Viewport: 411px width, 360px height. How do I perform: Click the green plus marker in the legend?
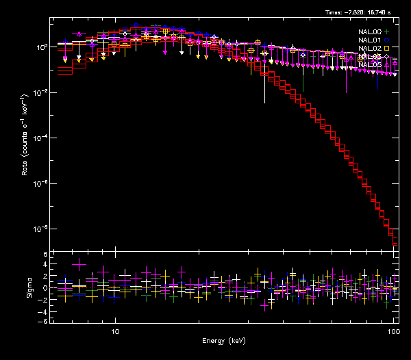click(x=387, y=31)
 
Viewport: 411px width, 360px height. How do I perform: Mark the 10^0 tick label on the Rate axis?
click(x=40, y=47)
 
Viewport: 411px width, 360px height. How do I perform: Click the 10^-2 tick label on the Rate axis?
click(x=40, y=92)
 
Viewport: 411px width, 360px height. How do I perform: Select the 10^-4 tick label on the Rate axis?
click(x=40, y=138)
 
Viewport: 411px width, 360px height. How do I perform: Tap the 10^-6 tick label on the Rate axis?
click(x=40, y=183)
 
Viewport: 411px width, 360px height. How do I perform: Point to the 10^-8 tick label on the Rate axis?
click(x=40, y=229)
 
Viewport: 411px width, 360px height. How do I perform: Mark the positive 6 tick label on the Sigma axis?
click(x=45, y=255)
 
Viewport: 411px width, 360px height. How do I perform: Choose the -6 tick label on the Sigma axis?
click(x=43, y=321)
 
